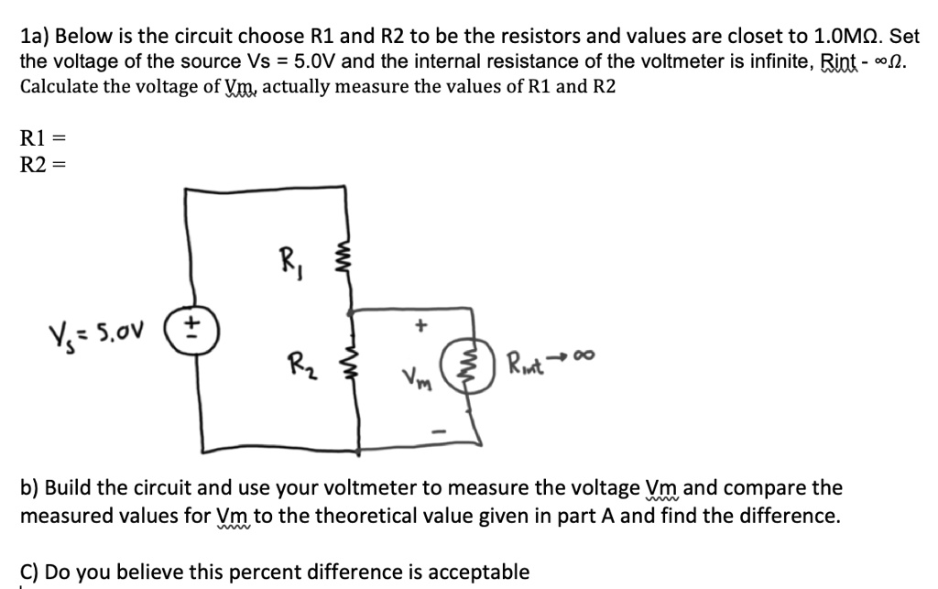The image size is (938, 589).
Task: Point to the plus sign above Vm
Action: (422, 323)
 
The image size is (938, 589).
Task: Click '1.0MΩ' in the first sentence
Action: (849, 37)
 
